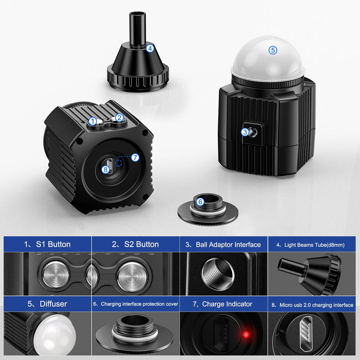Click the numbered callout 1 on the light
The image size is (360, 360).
[x=92, y=121]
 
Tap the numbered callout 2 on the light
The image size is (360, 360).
[x=119, y=118]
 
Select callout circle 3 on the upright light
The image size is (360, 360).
[x=245, y=132]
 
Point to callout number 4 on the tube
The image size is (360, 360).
[x=150, y=47]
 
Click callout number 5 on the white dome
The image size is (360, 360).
[x=273, y=50]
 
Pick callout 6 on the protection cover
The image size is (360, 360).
[x=200, y=202]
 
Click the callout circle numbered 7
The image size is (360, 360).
[x=135, y=157]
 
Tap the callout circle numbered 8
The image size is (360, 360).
[x=106, y=169]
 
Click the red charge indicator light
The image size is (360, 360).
[x=245, y=334]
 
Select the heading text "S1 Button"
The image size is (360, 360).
[x=47, y=244]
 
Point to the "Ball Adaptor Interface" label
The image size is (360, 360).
[x=224, y=245]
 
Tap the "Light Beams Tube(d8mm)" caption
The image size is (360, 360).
[x=310, y=245]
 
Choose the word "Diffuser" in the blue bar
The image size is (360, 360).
[x=47, y=304]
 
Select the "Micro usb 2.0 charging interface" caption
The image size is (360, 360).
[x=314, y=305]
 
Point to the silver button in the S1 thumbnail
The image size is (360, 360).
[x=55, y=273]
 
